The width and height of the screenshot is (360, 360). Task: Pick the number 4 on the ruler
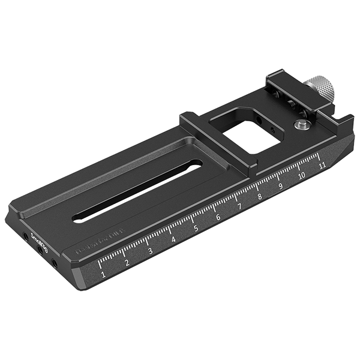(173, 239)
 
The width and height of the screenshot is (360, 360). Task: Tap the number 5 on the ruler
(196, 229)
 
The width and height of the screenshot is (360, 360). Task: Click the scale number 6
(218, 218)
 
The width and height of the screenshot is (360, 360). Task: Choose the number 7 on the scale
(239, 207)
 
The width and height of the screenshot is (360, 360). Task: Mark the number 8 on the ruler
(260, 196)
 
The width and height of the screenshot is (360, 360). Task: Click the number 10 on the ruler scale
(301, 175)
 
